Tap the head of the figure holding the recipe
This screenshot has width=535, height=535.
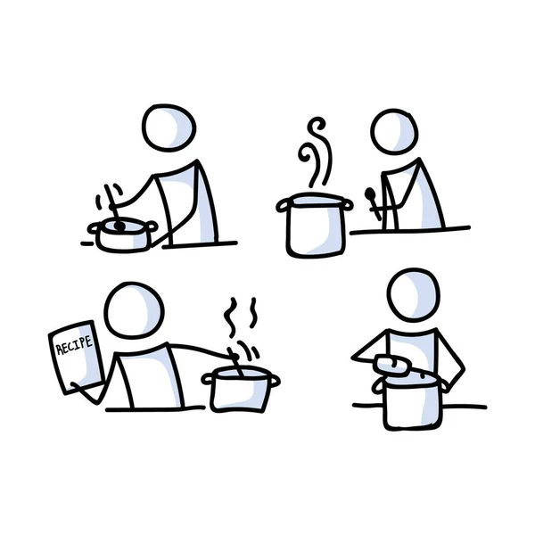point(134,311)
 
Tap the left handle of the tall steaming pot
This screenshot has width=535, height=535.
point(283,207)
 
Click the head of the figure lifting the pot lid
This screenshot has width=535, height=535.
point(415,294)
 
